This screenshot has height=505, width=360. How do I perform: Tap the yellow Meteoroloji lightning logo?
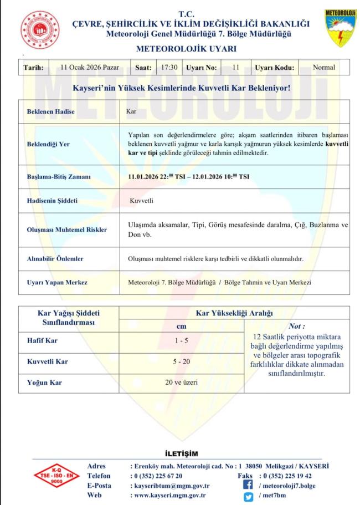[x=340, y=27]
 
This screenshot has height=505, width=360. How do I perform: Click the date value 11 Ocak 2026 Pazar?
[x=90, y=68]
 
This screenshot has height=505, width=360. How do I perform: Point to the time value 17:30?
[x=169, y=68]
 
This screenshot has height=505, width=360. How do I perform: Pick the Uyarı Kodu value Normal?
[x=324, y=68]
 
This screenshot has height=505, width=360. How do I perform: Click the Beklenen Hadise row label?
[x=51, y=112]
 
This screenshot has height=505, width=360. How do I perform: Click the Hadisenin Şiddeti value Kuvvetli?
[x=141, y=200]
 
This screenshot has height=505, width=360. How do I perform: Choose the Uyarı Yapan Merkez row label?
[x=57, y=283]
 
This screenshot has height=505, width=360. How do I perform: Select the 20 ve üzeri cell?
[x=181, y=382]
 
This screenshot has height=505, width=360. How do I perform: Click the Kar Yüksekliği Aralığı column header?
[x=234, y=313]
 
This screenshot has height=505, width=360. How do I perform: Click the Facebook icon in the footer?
[x=248, y=486]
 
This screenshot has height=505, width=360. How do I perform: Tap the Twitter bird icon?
[x=248, y=496]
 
